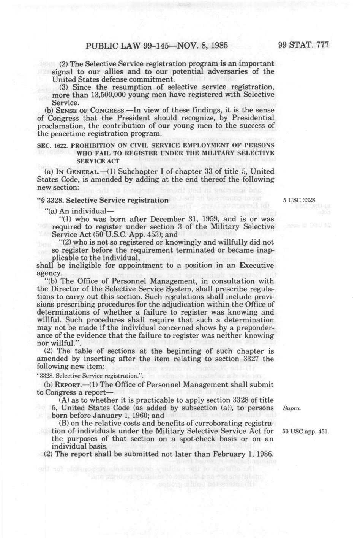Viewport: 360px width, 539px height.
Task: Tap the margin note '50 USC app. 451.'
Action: click(x=305, y=432)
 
